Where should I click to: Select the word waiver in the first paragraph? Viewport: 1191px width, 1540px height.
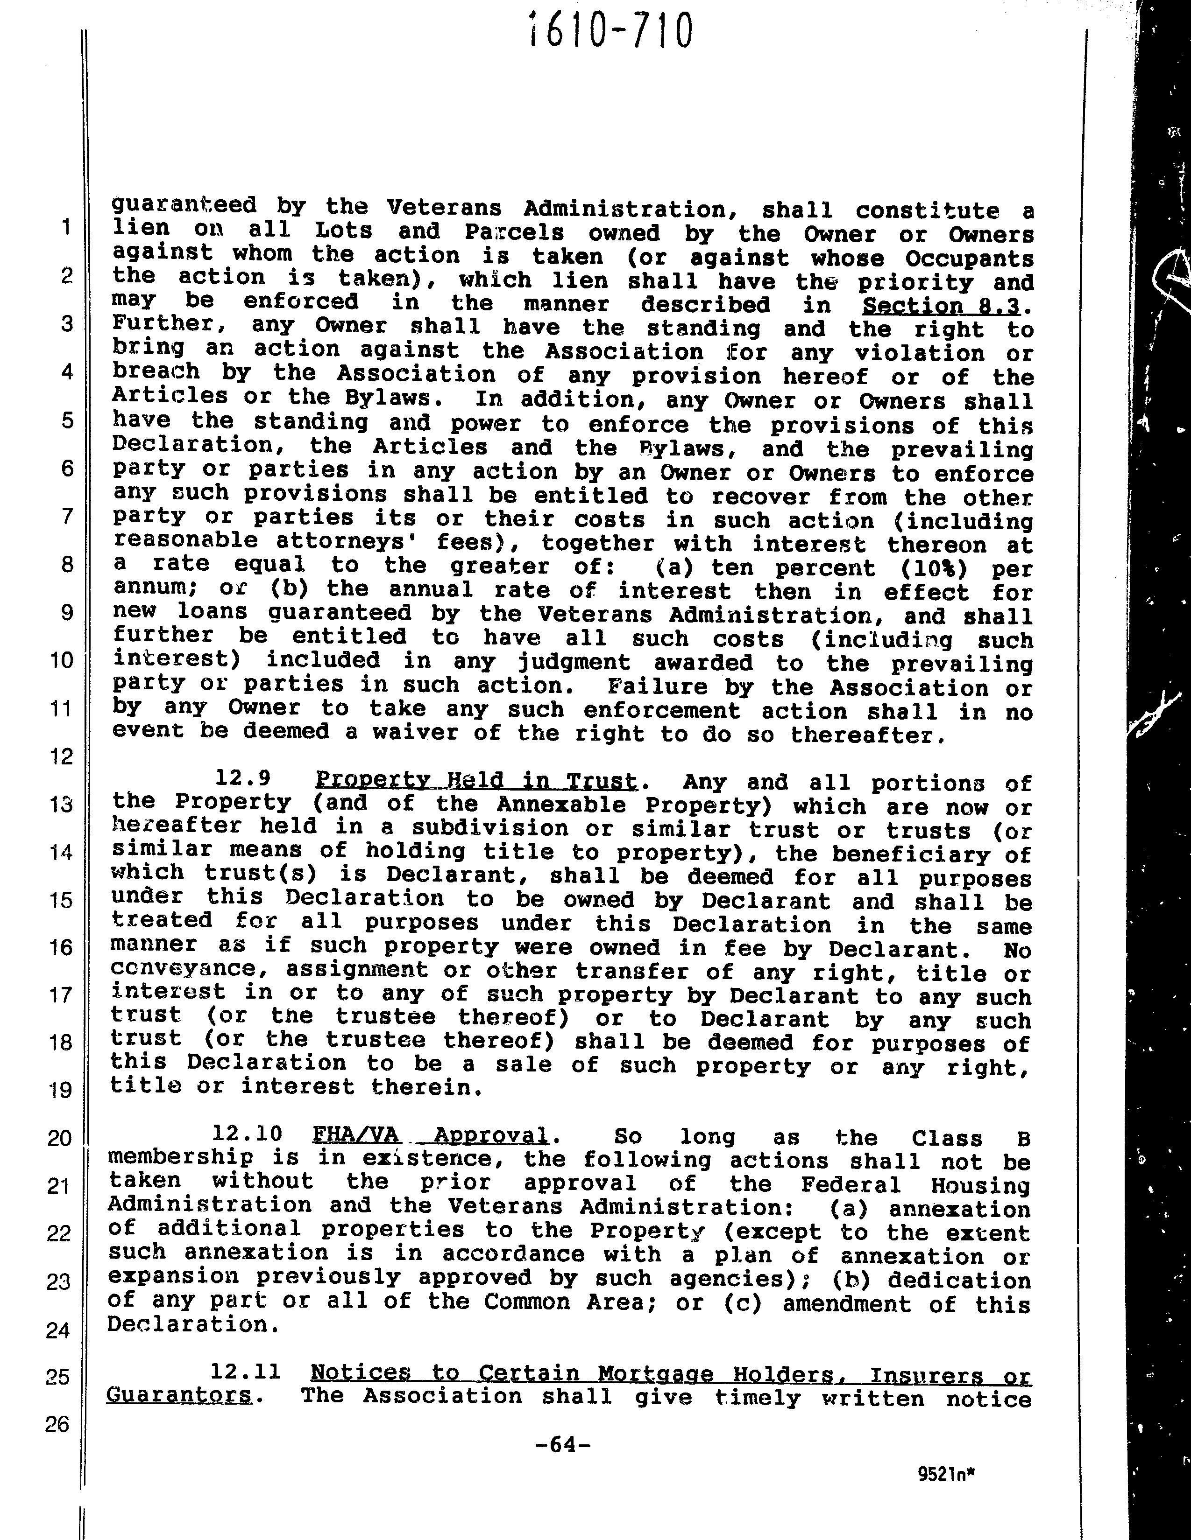[409, 733]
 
